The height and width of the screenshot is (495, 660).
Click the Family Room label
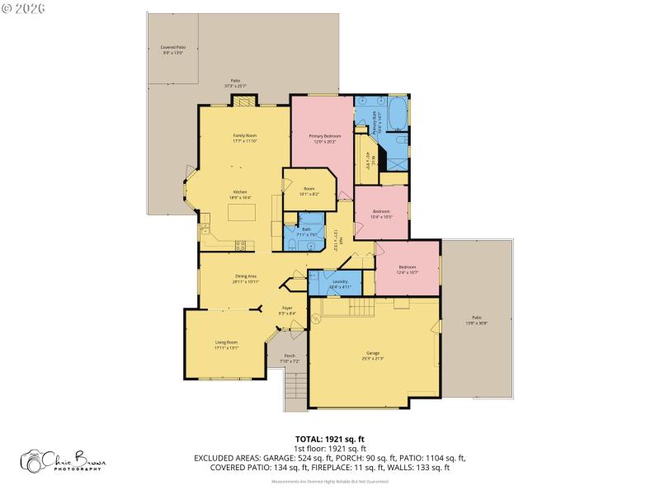[243, 137]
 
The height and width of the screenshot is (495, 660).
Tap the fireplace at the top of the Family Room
[243, 101]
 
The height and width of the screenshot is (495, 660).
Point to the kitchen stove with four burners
[242, 244]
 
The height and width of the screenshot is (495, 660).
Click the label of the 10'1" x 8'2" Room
[309, 191]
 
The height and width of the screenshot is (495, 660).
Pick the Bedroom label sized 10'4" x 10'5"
[380, 214]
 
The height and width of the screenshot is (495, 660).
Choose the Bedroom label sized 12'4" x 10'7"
[408, 269]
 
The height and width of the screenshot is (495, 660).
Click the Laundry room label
[340, 284]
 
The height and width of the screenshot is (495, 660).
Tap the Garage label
[373, 354]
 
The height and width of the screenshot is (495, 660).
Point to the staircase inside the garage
[350, 308]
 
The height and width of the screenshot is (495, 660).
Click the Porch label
[290, 358]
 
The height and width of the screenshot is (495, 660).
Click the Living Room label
[226, 344]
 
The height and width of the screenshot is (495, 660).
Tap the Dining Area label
[246, 279]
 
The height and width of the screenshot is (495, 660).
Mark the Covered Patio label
[172, 50]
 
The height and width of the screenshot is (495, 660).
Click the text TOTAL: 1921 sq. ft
[330, 439]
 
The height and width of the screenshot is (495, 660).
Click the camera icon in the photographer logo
[33, 462]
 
